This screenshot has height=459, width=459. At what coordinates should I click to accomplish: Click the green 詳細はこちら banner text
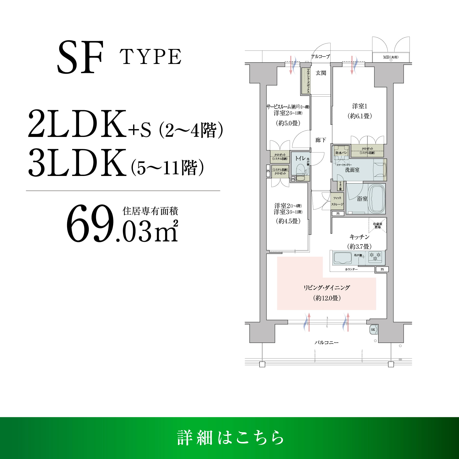230,438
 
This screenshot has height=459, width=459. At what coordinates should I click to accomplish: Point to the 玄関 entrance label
321,73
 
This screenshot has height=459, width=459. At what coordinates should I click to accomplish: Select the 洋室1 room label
360,106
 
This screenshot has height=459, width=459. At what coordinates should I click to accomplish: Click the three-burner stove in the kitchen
375,257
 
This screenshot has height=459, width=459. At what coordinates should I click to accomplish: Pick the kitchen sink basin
342,258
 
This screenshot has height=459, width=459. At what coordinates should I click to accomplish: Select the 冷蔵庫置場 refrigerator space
378,225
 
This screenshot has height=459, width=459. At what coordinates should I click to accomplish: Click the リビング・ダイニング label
326,288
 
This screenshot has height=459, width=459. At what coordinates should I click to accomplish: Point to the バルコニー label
326,342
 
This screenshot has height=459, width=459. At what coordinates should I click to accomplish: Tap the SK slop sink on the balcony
373,330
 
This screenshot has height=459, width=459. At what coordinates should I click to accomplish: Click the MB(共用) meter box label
391,57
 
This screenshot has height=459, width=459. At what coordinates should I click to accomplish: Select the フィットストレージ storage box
337,201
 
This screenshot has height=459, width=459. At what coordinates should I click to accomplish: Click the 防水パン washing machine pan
341,152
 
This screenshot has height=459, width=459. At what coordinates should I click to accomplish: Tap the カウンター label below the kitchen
351,269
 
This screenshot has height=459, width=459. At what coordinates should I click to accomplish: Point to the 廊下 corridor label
321,140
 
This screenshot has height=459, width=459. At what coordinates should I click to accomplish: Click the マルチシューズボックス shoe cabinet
305,81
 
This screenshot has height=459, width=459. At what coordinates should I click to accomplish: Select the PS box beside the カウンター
382,269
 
